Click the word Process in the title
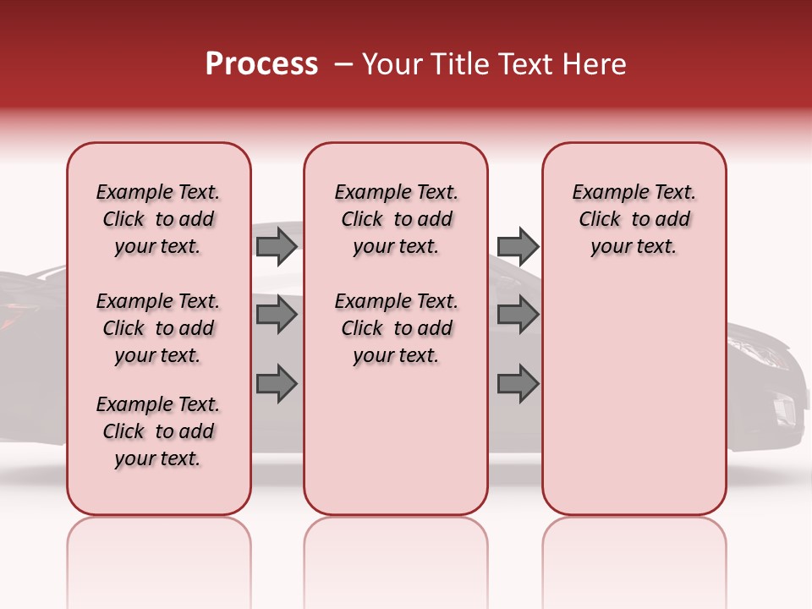[261, 64]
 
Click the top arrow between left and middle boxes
[277, 246]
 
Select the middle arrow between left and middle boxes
[277, 315]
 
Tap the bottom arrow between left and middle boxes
[277, 383]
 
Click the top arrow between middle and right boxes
[518, 246]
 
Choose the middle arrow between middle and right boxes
[518, 315]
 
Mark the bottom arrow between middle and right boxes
[518, 383]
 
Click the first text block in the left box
[158, 219]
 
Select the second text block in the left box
[158, 328]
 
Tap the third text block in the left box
[158, 431]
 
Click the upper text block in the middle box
[396, 219]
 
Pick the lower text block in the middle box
[396, 328]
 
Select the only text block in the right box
[634, 219]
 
